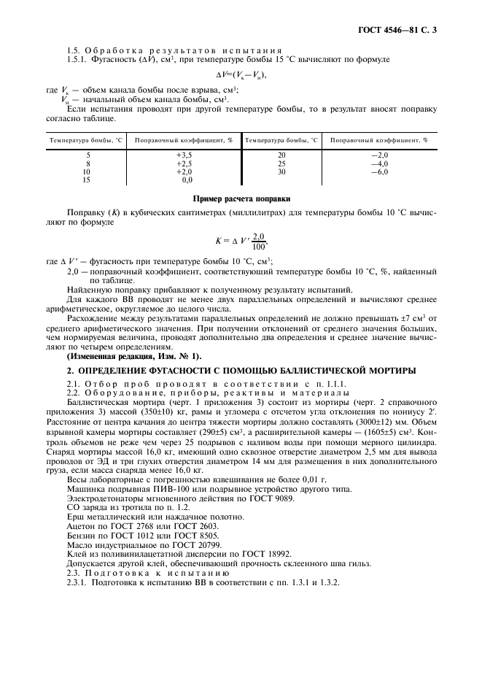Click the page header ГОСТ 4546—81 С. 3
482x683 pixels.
(x=400, y=30)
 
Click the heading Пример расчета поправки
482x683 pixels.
(x=240, y=198)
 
